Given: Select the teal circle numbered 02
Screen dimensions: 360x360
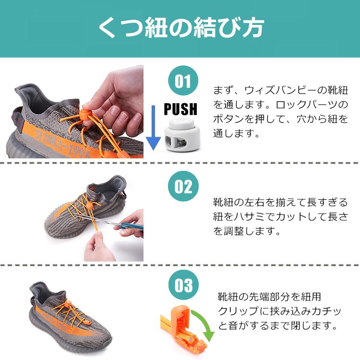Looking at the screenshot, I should [182, 186].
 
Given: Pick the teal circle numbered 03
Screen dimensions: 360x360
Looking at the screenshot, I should [182, 286].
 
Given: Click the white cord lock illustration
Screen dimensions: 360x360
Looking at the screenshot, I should [181, 137].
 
